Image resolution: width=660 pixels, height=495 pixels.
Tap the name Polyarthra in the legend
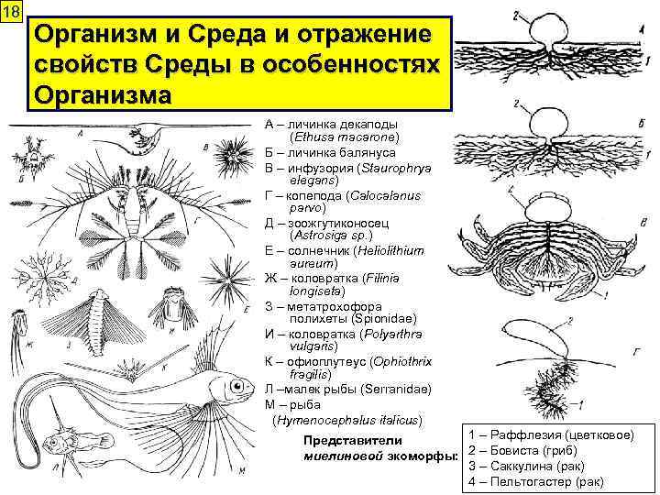pyautogui.click(x=393, y=334)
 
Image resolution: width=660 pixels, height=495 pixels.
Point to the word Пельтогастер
pyautogui.click(x=532, y=481)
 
